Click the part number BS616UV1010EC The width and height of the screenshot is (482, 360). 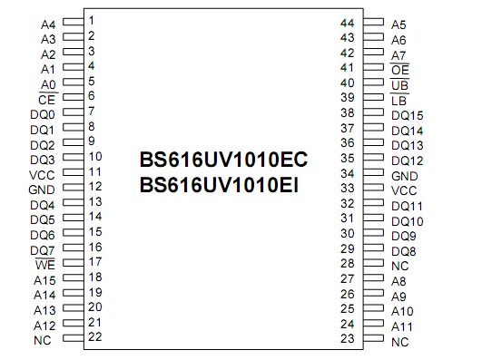tap(224, 159)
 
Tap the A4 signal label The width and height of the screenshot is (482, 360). tap(48, 24)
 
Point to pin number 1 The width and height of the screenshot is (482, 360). tap(93, 19)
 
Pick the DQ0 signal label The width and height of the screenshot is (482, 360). tap(43, 114)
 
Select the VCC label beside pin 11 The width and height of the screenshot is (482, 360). tap(42, 175)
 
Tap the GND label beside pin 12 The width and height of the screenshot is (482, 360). tap(42, 190)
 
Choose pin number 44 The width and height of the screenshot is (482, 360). tap(346, 22)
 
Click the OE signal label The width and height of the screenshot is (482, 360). tap(399, 70)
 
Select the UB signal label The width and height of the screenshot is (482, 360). tap(399, 85)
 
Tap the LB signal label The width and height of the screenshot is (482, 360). tap(398, 100)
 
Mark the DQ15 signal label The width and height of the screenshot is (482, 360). tap(408, 115)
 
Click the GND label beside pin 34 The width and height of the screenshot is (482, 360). tap(405, 175)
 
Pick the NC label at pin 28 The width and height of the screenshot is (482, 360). tap(399, 266)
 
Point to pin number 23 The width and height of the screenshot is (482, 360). tap(346, 339)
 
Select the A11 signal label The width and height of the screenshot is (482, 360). tap(402, 326)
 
